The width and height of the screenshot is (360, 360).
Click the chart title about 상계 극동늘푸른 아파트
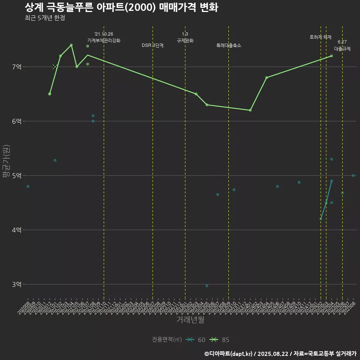(x=121, y=7)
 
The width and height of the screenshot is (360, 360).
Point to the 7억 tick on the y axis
(x=16, y=67)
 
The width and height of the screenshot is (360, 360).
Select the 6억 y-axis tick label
(x=16, y=121)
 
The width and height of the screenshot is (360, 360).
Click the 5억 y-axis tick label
(x=16, y=175)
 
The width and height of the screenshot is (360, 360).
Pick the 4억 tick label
(x=16, y=230)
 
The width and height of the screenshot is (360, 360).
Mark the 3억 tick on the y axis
(x=16, y=284)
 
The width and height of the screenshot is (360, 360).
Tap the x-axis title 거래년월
(x=190, y=320)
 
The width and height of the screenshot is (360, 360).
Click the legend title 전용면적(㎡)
(x=167, y=340)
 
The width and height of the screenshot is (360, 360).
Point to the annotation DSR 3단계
(x=153, y=45)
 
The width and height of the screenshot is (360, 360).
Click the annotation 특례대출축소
(x=229, y=45)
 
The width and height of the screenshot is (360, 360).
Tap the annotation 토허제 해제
(x=321, y=37)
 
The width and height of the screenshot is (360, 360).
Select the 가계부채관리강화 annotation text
(x=104, y=40)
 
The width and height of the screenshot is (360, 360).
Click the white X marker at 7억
(x=55, y=67)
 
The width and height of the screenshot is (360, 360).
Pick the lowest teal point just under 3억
(x=207, y=286)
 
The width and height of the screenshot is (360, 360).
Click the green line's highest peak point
(x=71, y=45)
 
